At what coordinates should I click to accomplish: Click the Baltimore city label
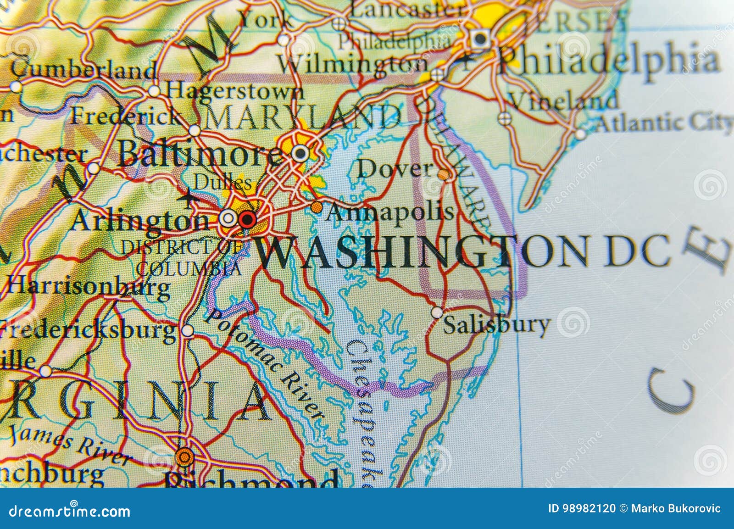(200, 153)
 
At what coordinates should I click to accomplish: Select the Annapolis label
(390, 212)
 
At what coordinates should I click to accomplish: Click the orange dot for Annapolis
(316, 207)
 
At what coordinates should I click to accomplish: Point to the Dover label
(395, 169)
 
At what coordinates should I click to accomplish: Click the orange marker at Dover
(444, 175)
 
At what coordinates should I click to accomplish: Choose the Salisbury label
(496, 325)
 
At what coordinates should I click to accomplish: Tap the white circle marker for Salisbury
(437, 312)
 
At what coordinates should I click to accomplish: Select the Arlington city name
(140, 221)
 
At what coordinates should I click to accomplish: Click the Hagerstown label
(234, 91)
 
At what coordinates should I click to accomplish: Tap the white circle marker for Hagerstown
(155, 91)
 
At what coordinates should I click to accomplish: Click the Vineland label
(564, 100)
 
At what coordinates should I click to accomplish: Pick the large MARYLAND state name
(303, 117)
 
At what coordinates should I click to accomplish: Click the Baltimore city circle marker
(300, 153)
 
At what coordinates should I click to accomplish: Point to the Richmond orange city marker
(184, 457)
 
